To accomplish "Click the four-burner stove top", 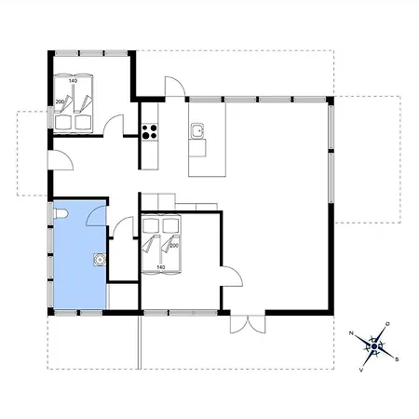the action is (150, 131).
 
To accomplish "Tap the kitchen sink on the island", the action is (197, 130).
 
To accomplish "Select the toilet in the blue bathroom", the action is (61, 214).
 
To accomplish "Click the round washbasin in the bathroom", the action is (100, 260).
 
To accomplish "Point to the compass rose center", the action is (374, 346).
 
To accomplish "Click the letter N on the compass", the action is (351, 333).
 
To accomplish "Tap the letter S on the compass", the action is (397, 359).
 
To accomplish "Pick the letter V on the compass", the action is (361, 370).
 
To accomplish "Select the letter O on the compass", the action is (387, 324).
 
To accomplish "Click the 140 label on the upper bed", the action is (73, 81).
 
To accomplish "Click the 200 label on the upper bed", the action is (60, 101).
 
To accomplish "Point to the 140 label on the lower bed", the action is (161, 267).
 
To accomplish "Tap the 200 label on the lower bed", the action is (174, 246).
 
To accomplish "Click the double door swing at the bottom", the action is (248, 324).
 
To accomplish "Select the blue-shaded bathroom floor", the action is (80, 254).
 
